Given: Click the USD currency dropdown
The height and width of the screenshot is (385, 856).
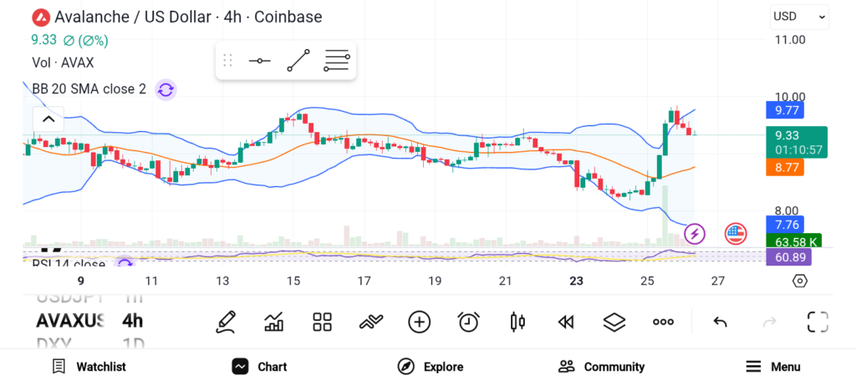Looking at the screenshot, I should [x=798, y=16].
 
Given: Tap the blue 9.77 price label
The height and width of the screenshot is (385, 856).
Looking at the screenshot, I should [x=787, y=109].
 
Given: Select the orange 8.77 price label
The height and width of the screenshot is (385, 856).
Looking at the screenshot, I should [x=787, y=167].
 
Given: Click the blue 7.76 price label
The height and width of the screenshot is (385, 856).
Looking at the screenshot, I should [x=787, y=224].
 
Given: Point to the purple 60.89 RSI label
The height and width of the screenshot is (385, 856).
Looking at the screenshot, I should [x=787, y=257].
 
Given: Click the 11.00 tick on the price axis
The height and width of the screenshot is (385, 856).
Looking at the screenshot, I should [x=790, y=39].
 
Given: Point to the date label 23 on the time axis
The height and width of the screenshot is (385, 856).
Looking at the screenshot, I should [x=576, y=281].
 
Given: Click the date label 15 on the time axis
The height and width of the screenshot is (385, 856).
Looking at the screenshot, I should [x=293, y=281].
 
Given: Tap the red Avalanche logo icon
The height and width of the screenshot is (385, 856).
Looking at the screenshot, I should [x=39, y=17].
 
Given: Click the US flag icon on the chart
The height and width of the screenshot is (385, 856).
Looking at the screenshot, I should [x=736, y=234].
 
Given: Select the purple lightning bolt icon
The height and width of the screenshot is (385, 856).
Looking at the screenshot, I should [x=695, y=234].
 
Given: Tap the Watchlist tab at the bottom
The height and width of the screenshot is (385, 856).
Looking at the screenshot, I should [x=89, y=367].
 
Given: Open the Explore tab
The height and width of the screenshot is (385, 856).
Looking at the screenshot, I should [x=431, y=367].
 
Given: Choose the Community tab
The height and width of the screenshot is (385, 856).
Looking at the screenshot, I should [x=602, y=367].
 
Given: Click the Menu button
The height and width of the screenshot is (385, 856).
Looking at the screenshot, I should [x=773, y=367].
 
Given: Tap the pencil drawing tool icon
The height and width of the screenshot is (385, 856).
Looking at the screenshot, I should [x=226, y=322].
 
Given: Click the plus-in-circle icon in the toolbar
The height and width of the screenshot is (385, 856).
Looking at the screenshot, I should [x=420, y=322].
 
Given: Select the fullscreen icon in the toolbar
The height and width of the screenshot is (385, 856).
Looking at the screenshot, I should [x=818, y=322].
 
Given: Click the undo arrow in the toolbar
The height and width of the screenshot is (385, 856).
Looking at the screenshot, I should [x=720, y=322].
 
